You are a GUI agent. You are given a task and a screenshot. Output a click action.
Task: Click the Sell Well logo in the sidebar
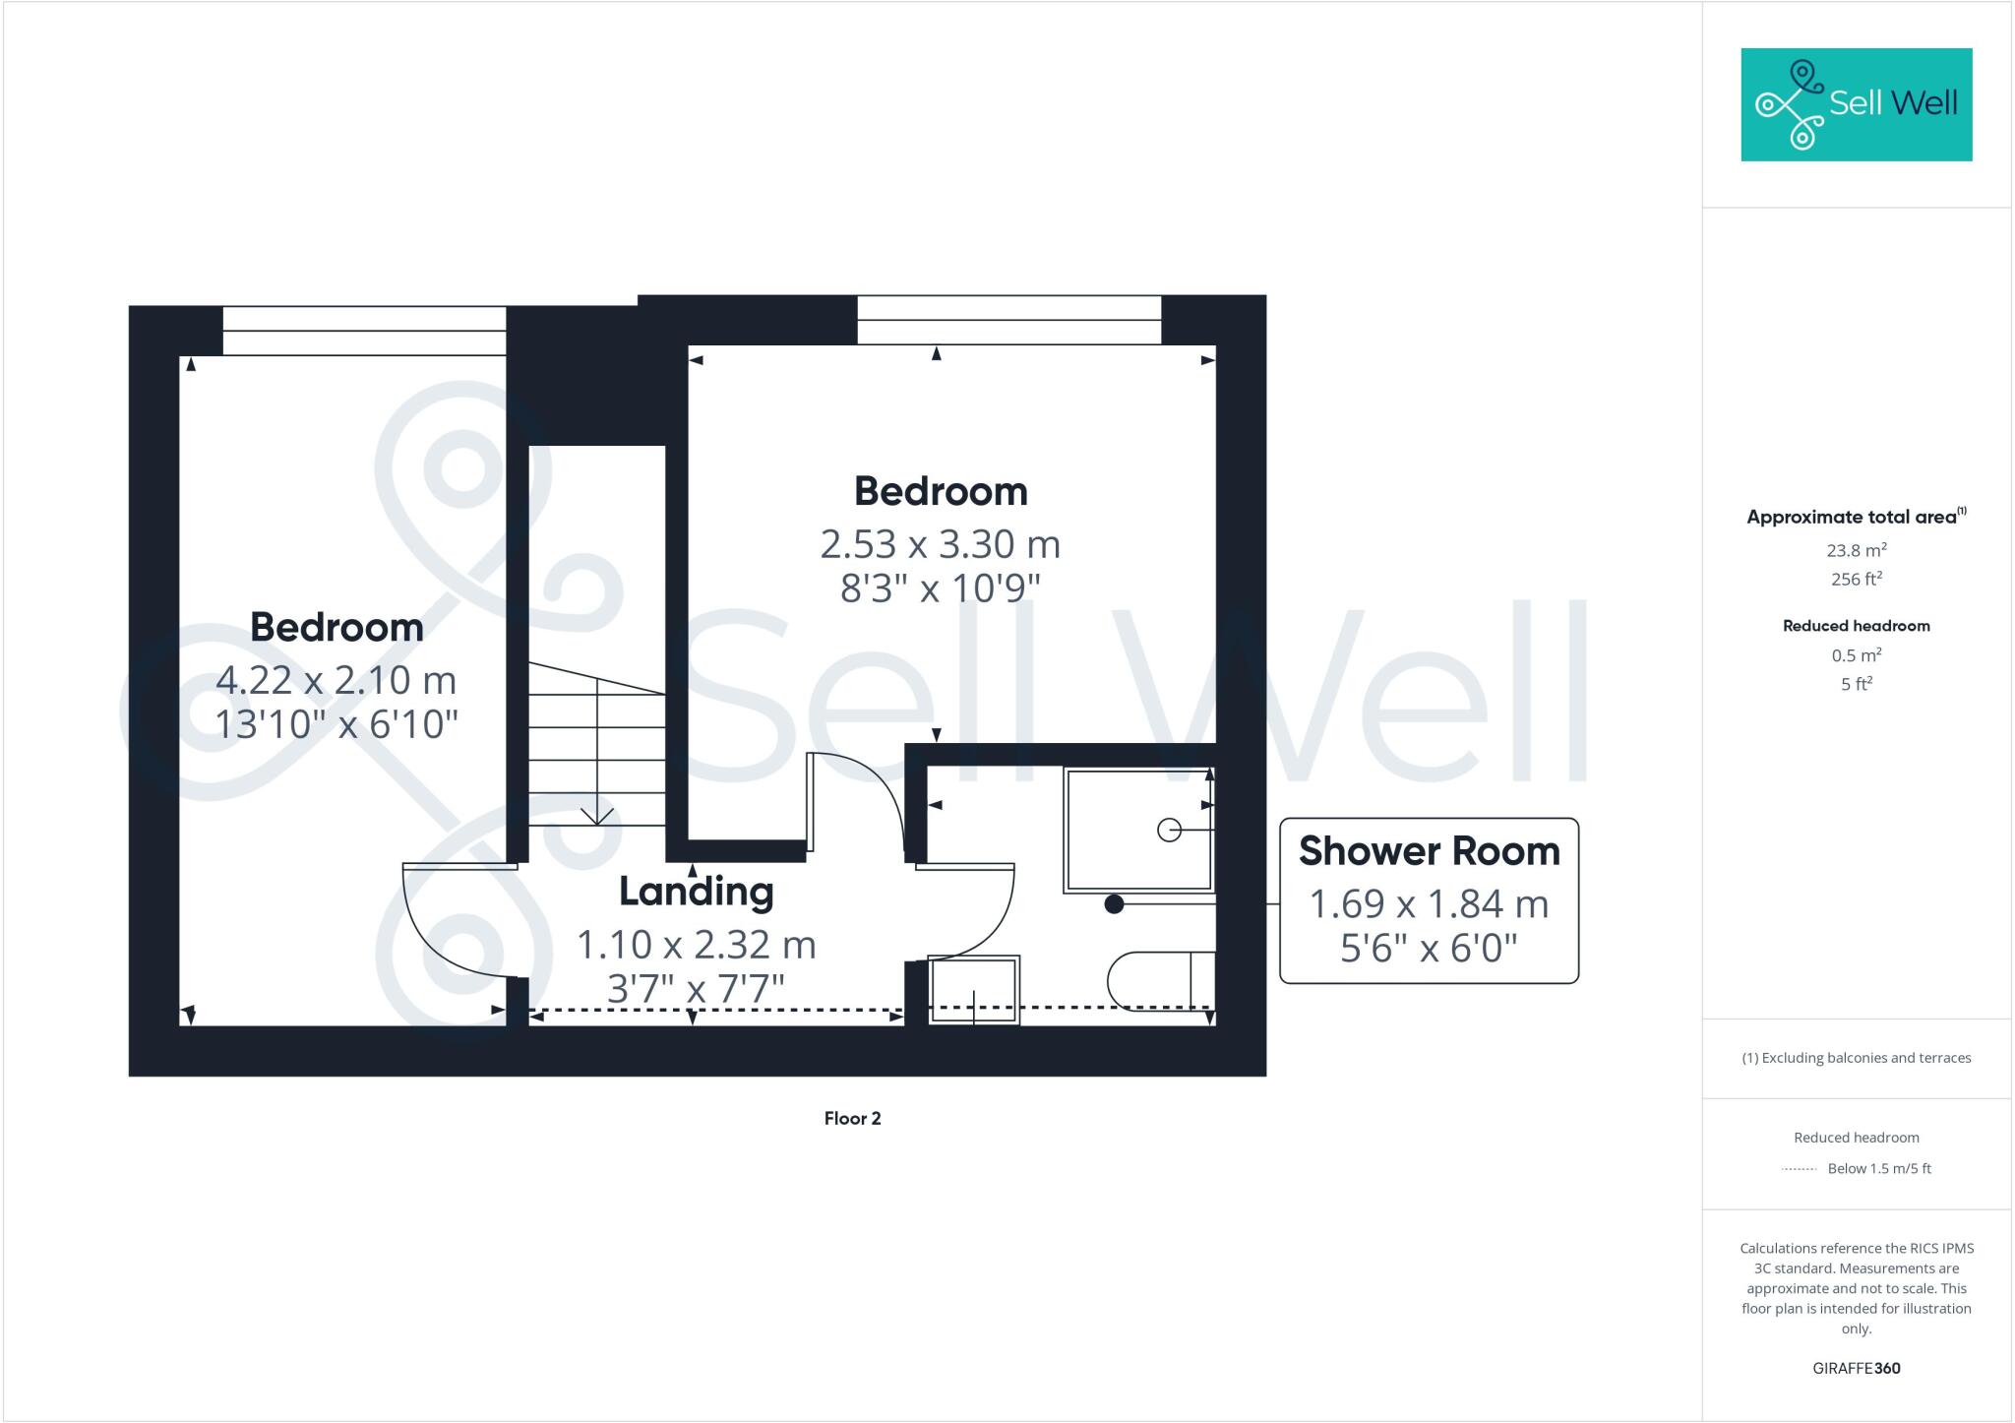pyautogui.click(x=1856, y=104)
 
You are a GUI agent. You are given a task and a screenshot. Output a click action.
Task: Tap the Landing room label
pyautogui.click(x=696, y=892)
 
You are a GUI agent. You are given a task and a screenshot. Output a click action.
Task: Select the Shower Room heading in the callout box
pyautogui.click(x=1429, y=851)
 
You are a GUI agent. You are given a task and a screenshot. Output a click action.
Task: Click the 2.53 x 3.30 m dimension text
pyautogui.click(x=940, y=544)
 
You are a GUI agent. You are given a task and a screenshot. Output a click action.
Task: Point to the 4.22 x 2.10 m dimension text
pyautogui.click(x=336, y=680)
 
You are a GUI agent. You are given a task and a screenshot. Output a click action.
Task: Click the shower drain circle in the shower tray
pyautogui.click(x=1169, y=831)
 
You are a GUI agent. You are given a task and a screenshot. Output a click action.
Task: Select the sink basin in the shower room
pyautogui.click(x=974, y=989)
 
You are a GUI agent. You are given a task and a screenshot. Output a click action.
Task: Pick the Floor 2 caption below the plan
pyautogui.click(x=852, y=1118)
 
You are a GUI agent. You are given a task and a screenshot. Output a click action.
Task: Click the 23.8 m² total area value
pyautogui.click(x=1856, y=550)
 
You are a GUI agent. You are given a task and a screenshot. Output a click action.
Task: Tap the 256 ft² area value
pyautogui.click(x=1856, y=579)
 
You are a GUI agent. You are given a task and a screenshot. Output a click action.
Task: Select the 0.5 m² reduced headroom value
pyautogui.click(x=1856, y=655)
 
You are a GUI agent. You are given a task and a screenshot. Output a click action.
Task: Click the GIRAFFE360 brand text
pyautogui.click(x=1856, y=1368)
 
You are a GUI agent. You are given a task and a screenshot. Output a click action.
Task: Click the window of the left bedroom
pyautogui.click(x=364, y=331)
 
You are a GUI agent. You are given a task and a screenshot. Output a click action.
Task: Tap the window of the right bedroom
pyautogui.click(x=1008, y=320)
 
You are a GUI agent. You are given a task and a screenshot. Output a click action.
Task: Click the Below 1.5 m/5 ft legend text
pyautogui.click(x=1879, y=1169)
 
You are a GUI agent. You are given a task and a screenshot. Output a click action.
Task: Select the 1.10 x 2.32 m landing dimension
pyautogui.click(x=696, y=945)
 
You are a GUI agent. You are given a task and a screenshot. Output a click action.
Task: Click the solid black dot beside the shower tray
pyautogui.click(x=1114, y=904)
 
